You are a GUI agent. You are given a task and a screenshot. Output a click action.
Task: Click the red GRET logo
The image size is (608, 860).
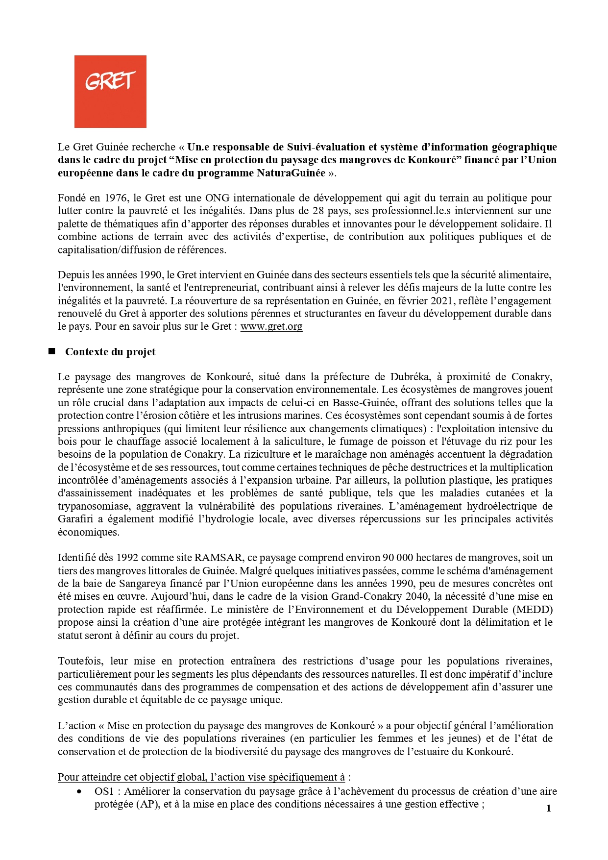coord(110,92)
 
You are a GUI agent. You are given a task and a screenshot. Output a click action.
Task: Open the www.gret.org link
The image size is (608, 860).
coord(271,326)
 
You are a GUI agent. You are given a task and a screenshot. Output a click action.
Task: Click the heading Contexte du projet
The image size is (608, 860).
coord(110,352)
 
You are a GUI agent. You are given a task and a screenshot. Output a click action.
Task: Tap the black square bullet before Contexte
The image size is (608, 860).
coord(51,351)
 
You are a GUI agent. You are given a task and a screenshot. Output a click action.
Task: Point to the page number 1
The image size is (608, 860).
coord(549,808)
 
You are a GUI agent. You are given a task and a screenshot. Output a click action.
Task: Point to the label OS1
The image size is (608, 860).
coord(104,791)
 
